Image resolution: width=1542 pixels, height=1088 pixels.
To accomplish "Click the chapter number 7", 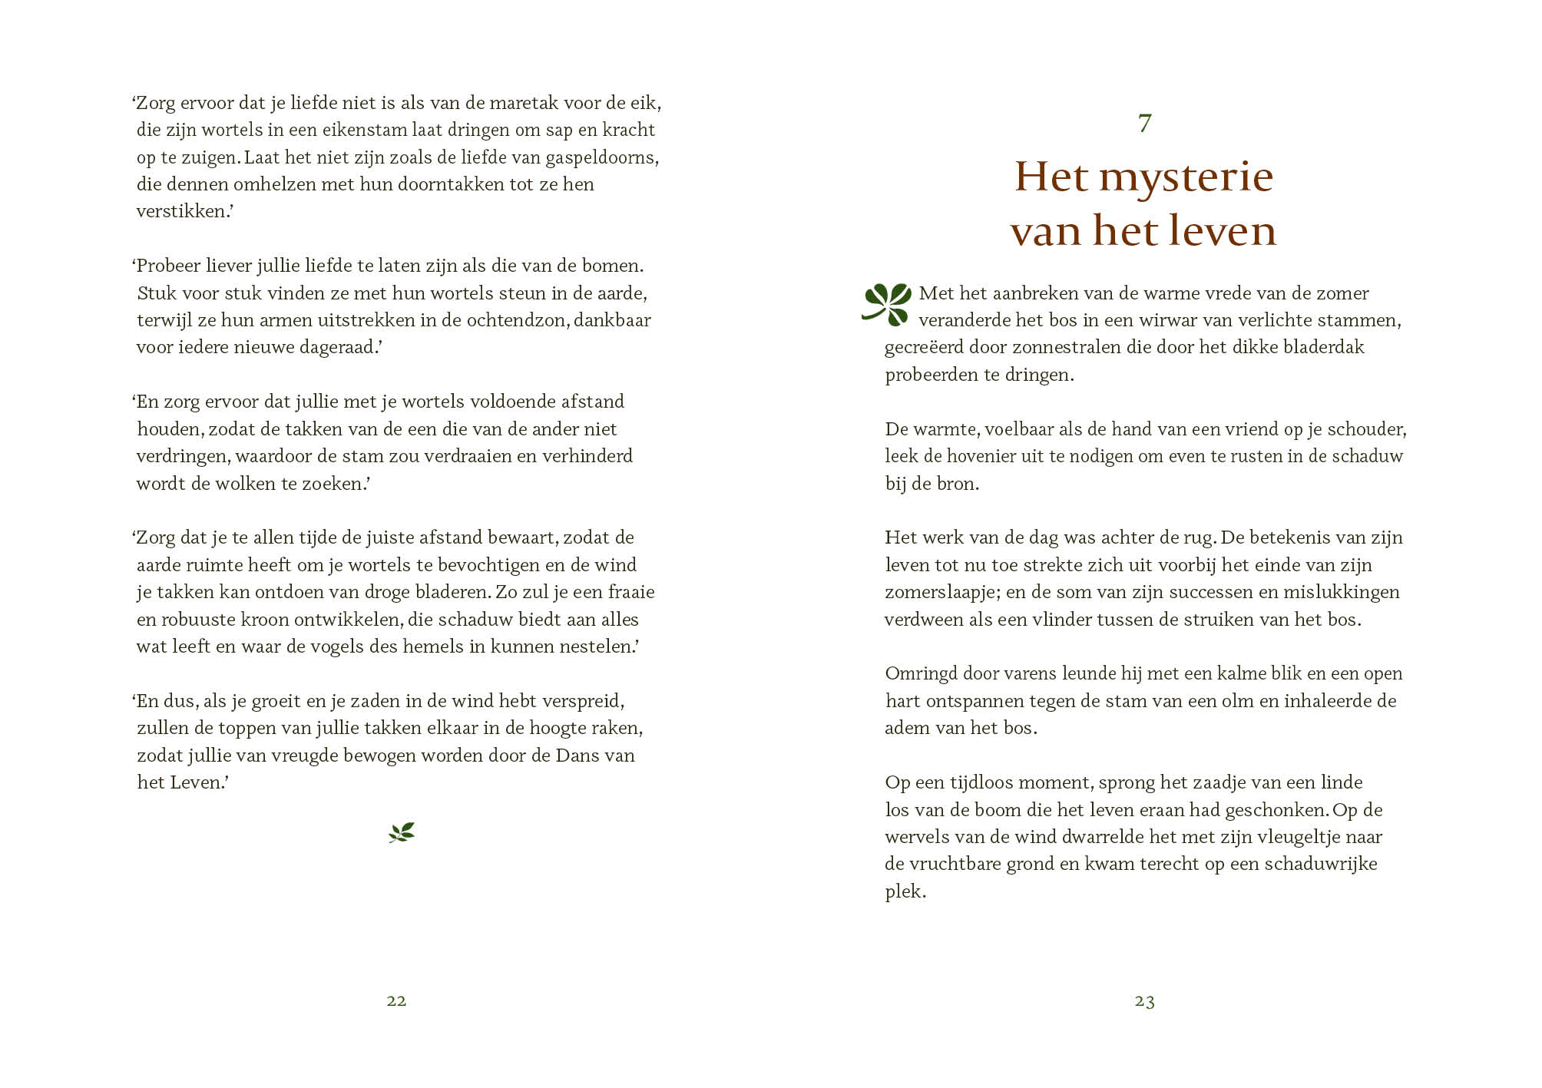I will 1144,123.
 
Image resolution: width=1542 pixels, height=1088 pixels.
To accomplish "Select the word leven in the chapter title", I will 1220,230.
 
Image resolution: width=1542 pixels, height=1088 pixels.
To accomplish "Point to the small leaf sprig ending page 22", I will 402,832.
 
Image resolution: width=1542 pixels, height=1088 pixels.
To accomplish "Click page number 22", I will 396,1000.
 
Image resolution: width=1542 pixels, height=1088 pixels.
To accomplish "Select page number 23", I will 1144,1000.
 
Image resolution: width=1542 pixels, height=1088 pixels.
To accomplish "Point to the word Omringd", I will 920,674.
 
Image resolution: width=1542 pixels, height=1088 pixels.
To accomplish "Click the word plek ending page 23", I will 904,891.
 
